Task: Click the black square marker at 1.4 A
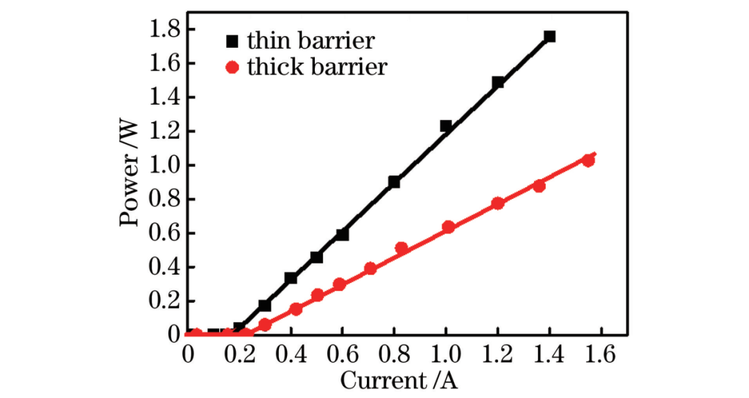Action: tap(549, 36)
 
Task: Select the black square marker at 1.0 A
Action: tap(446, 126)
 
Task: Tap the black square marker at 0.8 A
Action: tap(394, 182)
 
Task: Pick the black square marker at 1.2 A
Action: tap(497, 82)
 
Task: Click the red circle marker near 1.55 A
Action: tap(588, 160)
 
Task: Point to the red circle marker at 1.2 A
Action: tap(497, 203)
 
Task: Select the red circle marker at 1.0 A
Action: tap(447, 227)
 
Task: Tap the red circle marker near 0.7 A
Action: tap(370, 268)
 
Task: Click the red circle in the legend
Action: tap(232, 68)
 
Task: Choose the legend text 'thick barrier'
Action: tap(317, 67)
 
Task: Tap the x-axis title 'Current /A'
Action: tap(399, 381)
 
